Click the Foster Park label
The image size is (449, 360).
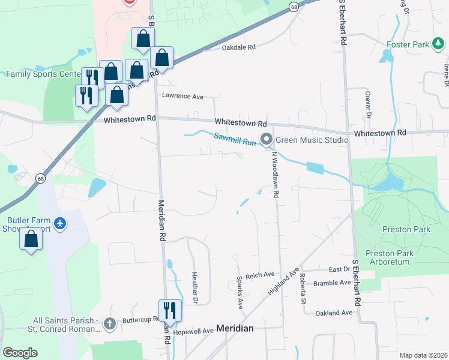pyautogui.click(x=408, y=44)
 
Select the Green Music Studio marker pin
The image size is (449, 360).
pyautogui.click(x=266, y=140)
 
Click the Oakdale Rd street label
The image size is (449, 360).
pyautogui.click(x=239, y=47)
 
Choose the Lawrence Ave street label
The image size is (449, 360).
pyautogui.click(x=183, y=96)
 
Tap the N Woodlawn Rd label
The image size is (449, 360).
pyautogui.click(x=276, y=174)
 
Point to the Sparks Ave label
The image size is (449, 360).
pyautogui.click(x=240, y=293)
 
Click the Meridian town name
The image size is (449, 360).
pyautogui.click(x=235, y=328)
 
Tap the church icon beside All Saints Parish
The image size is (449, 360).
pyautogui.click(x=109, y=324)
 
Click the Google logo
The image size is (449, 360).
pyautogui.click(x=20, y=353)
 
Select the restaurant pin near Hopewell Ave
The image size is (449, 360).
pyautogui.click(x=169, y=310)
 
